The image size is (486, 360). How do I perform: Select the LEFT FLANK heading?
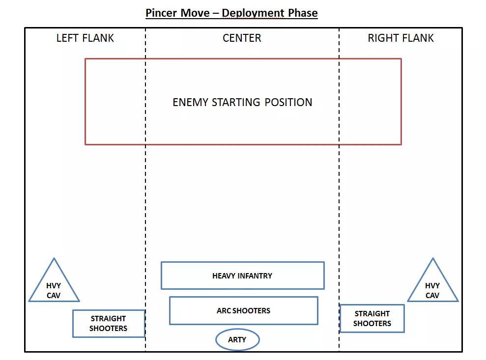coord(85,38)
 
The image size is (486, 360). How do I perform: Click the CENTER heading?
coord(242,38)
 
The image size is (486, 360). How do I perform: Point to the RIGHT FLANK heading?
coord(400,38)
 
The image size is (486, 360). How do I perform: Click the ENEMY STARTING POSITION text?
coord(242,102)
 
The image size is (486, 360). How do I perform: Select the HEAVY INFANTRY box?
coord(242,276)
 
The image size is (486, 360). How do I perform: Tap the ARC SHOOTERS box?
coord(243,310)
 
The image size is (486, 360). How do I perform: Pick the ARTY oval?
coord(237,339)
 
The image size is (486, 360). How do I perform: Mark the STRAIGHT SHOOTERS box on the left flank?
coord(108,323)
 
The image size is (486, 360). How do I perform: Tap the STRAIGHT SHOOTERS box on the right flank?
coord(372,318)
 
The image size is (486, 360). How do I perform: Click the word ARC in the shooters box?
coord(224,310)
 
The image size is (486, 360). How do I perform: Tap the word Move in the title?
coord(199,13)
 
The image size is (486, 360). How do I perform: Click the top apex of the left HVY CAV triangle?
coord(54,259)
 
